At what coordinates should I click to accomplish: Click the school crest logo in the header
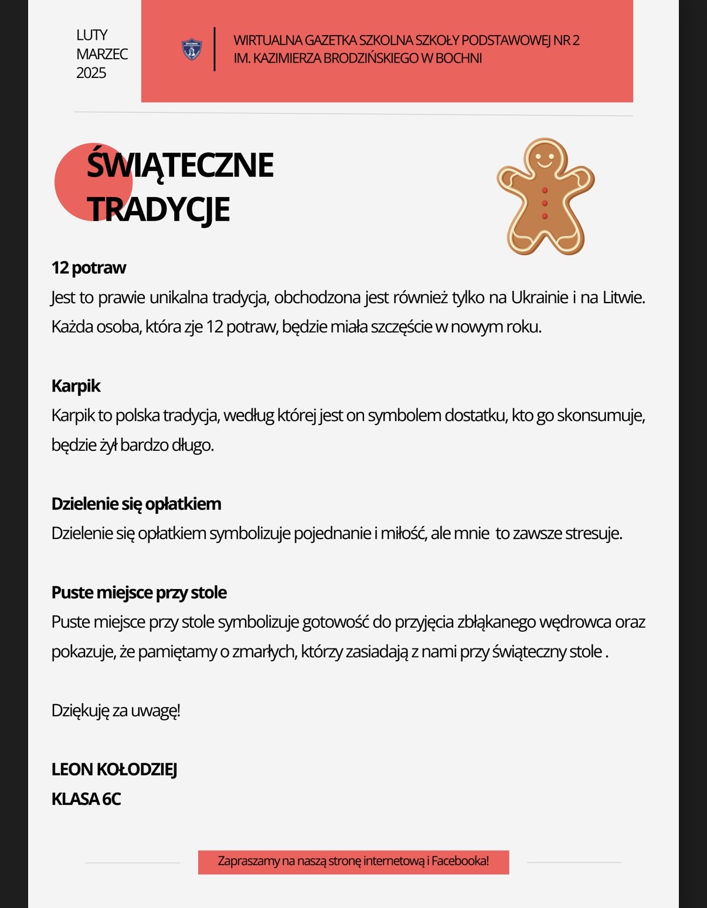pyautogui.click(x=192, y=50)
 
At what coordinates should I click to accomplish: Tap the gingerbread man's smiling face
pyautogui.click(x=545, y=157)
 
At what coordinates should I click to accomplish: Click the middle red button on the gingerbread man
pyautogui.click(x=545, y=203)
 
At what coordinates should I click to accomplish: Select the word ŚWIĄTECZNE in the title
pyautogui.click(x=180, y=165)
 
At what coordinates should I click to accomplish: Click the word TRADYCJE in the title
pyautogui.click(x=158, y=209)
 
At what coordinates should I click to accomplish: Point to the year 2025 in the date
pyautogui.click(x=91, y=73)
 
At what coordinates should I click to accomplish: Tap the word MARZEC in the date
pyautogui.click(x=102, y=54)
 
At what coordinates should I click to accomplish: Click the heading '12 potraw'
pyautogui.click(x=89, y=268)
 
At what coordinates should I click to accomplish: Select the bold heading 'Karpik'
pyautogui.click(x=76, y=386)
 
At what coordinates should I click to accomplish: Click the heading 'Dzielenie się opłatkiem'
pyautogui.click(x=136, y=504)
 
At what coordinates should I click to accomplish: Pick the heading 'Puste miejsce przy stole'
pyautogui.click(x=139, y=592)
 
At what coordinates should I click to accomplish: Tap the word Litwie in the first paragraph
pyautogui.click(x=623, y=298)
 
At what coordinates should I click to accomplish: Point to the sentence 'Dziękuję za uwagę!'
pyautogui.click(x=115, y=710)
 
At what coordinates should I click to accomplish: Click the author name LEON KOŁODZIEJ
pyautogui.click(x=114, y=770)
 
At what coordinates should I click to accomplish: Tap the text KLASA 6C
pyautogui.click(x=86, y=799)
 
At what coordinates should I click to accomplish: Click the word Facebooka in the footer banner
pyautogui.click(x=460, y=861)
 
